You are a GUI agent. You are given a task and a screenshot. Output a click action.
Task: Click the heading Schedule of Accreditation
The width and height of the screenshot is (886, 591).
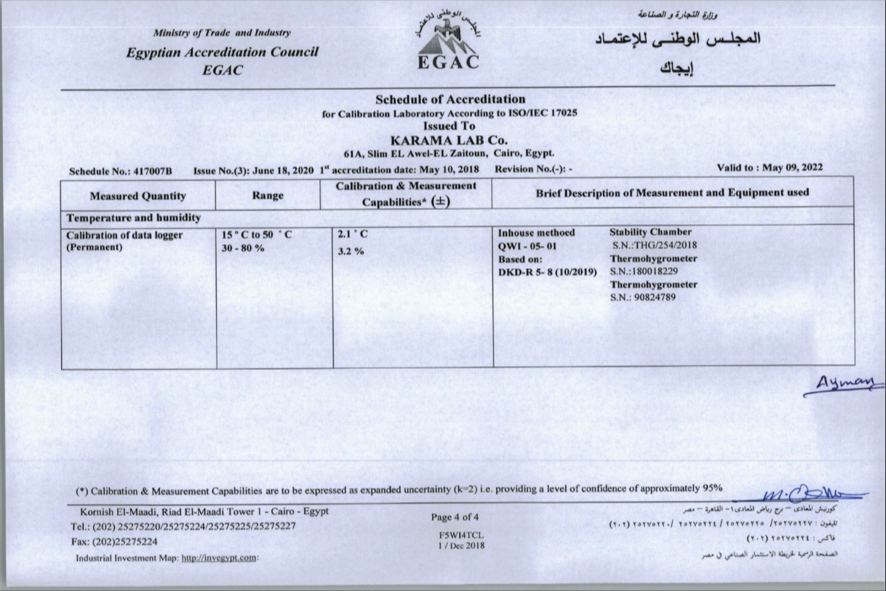click(450, 99)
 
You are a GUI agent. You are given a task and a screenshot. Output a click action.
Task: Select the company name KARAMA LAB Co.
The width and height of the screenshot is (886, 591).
click(449, 141)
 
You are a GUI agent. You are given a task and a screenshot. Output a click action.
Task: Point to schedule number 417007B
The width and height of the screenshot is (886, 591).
click(153, 171)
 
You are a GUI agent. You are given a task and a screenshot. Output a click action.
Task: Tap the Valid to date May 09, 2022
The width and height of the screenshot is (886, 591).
click(792, 167)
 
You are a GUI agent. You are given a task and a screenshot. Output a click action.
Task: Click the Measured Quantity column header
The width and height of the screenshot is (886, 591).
click(138, 196)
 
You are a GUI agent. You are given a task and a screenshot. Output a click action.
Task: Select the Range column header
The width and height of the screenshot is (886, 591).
click(268, 195)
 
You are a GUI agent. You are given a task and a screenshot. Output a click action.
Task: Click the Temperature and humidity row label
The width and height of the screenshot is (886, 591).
click(133, 217)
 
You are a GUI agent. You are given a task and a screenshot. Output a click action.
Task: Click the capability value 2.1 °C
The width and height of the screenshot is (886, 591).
click(353, 234)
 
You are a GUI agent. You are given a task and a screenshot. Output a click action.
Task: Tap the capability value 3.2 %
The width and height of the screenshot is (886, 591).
click(351, 251)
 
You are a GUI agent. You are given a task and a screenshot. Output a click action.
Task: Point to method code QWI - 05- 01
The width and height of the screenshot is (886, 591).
click(527, 246)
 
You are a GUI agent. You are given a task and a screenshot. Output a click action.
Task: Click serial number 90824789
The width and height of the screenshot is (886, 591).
click(654, 297)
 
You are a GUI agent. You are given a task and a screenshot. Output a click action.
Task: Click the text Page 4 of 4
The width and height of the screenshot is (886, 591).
click(455, 517)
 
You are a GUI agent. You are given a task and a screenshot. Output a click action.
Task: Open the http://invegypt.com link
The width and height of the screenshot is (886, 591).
click(219, 557)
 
